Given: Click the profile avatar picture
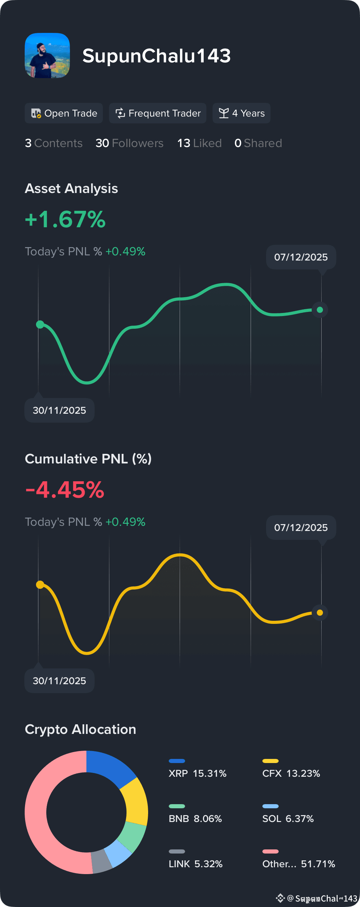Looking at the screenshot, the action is coord(47,56).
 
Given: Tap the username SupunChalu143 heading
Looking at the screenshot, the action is coord(156,56).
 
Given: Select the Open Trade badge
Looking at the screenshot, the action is coord(64,113).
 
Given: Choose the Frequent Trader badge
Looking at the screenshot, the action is coord(157,113).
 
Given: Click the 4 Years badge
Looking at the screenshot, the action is coord(241,113).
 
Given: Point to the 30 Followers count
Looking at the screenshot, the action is coord(129,143).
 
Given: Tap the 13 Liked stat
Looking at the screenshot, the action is coord(200,143).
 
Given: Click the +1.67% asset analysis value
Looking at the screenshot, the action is coord(65,219).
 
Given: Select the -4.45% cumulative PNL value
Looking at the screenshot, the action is coord(65,489).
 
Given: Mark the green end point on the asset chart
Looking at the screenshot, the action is coord(320,310).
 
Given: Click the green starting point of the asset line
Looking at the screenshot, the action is coord(40,324).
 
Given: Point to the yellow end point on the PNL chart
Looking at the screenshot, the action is coord(320,613).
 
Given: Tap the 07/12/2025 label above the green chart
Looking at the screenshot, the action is coord(301,257).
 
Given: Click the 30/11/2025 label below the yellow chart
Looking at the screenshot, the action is coord(59,681).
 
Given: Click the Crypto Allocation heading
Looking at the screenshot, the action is coord(80,729).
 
